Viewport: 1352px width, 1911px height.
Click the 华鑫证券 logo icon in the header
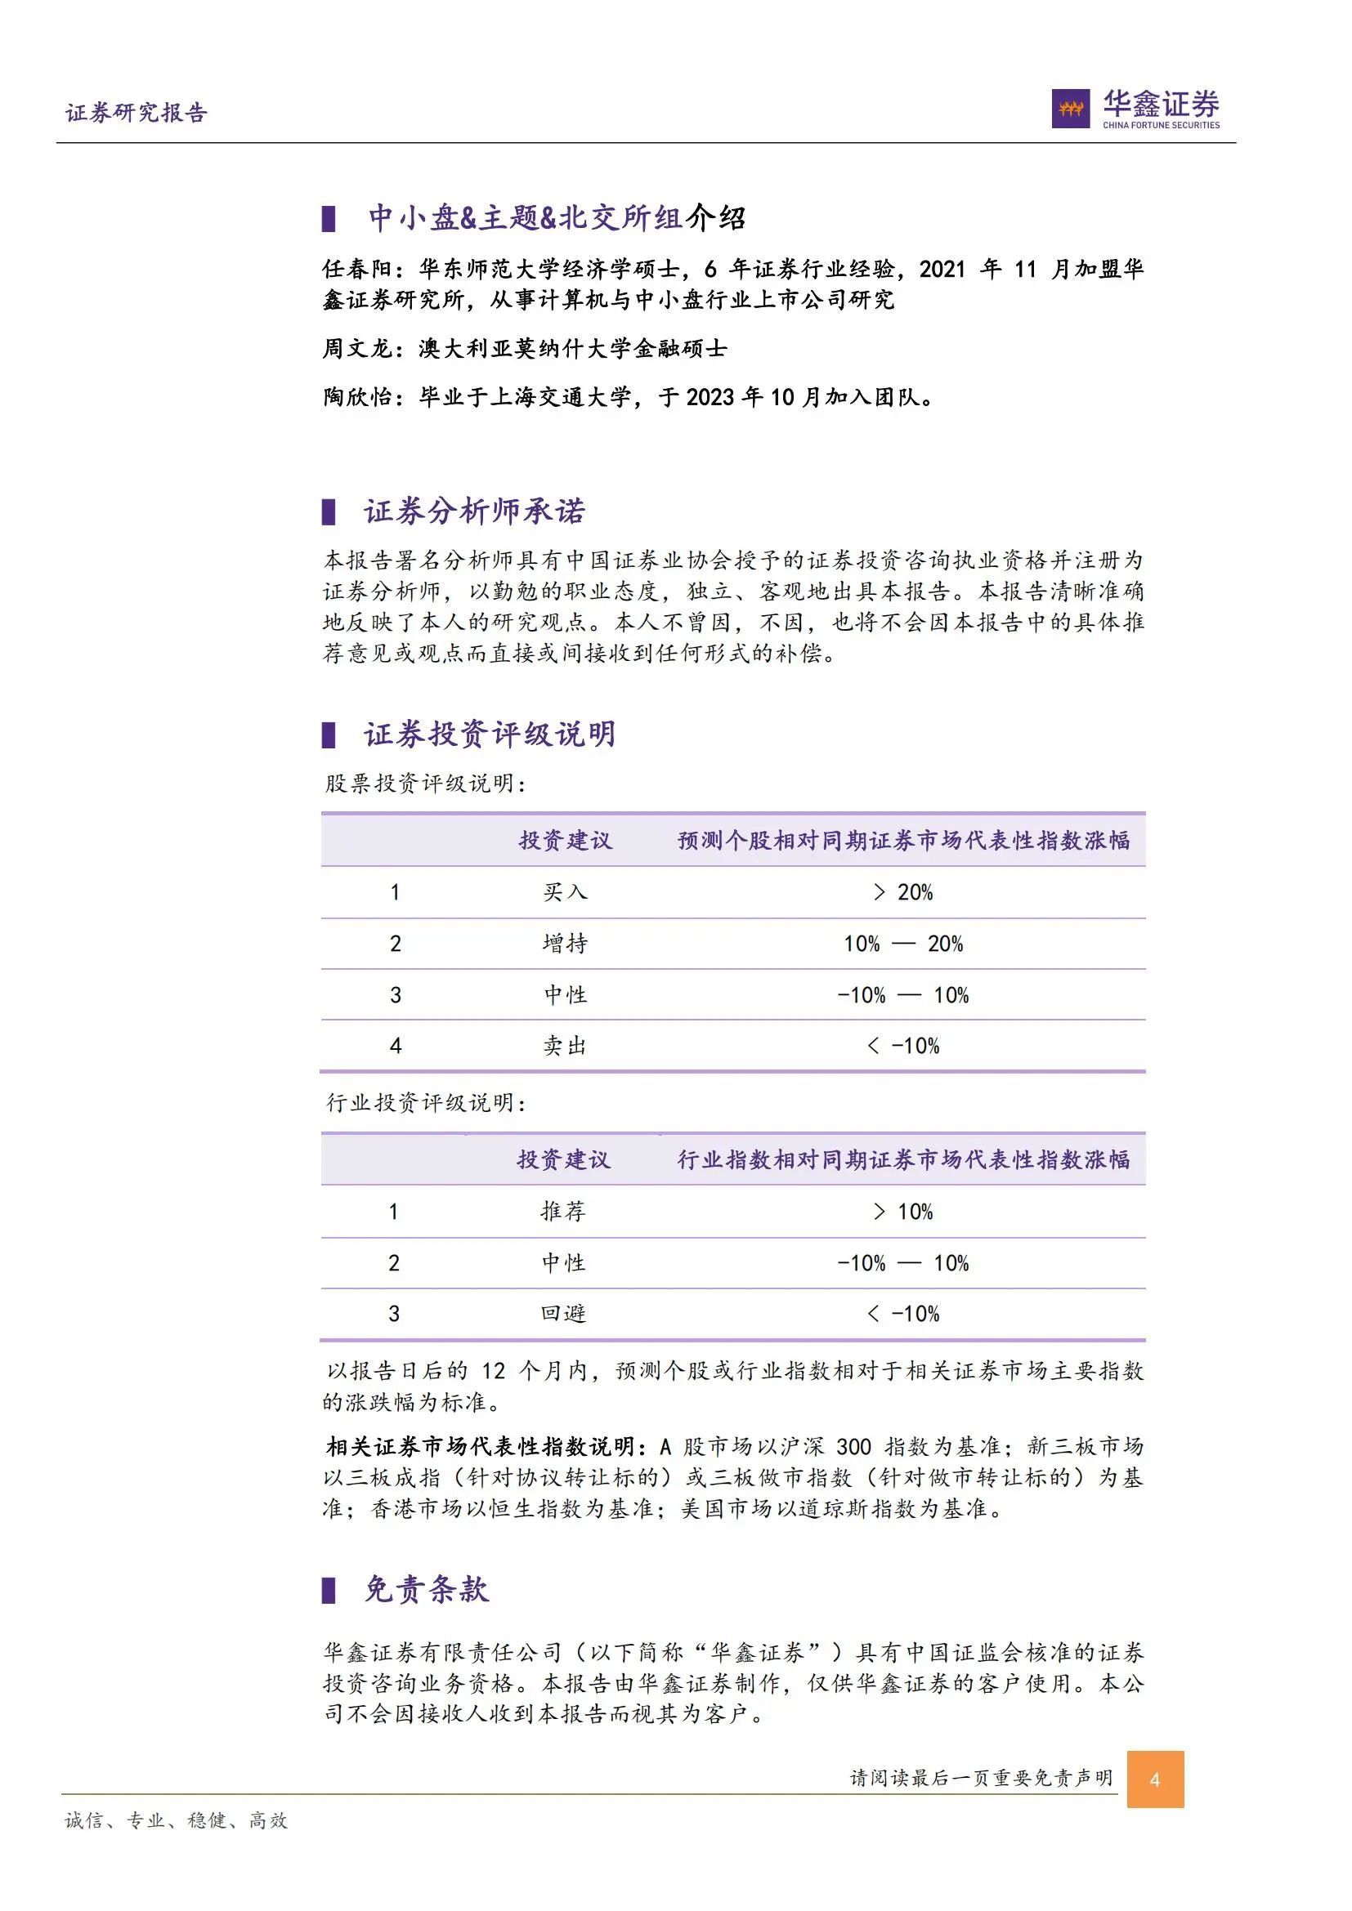coord(1071,108)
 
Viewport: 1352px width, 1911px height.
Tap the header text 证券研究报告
coord(137,114)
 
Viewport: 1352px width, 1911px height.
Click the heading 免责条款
coord(426,1589)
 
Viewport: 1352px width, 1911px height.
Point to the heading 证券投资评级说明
coord(490,734)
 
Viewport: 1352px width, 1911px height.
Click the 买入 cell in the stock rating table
coord(565,892)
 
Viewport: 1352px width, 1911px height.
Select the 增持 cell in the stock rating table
coord(565,944)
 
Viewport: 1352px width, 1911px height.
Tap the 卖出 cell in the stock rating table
coord(565,1047)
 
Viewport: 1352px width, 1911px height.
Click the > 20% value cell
coord(903,892)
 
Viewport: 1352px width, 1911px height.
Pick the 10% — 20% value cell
coord(903,944)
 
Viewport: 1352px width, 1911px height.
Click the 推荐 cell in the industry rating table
coord(564,1212)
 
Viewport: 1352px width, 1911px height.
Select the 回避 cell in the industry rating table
coord(564,1315)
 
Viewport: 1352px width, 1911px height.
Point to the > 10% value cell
coord(903,1212)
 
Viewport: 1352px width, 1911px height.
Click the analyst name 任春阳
coord(357,269)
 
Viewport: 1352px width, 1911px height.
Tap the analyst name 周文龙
coord(357,348)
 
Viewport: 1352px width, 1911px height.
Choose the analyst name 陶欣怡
coord(357,397)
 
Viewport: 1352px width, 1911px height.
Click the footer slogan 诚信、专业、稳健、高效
coord(177,1821)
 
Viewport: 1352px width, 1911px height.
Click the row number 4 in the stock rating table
coord(396,1047)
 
